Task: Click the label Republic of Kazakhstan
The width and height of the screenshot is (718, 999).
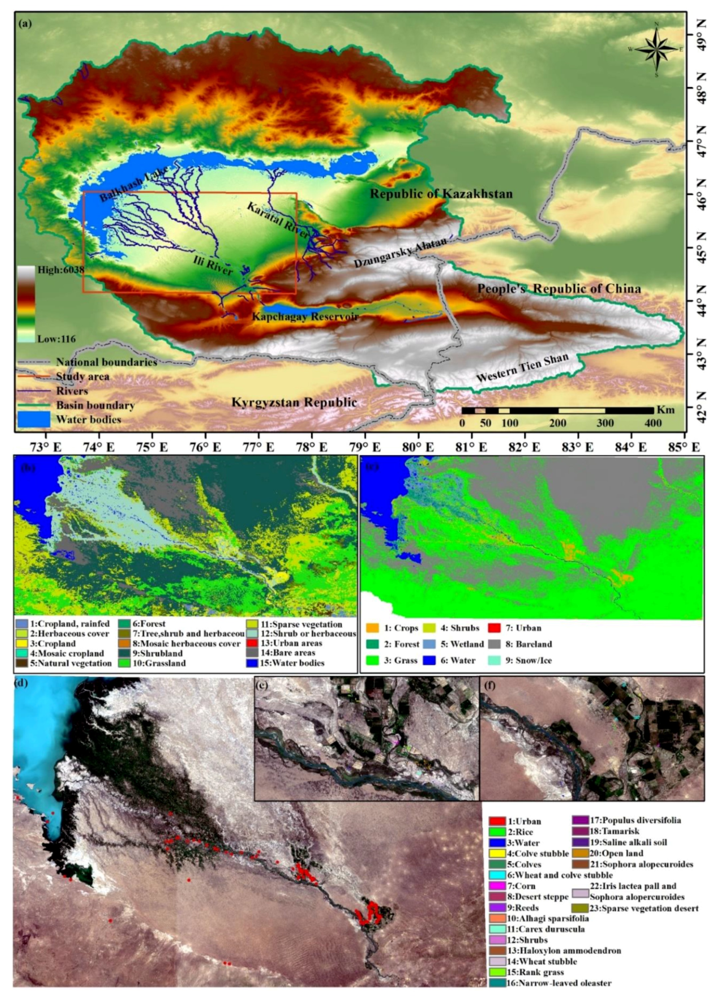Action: point(441,194)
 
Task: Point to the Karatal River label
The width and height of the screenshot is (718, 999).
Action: point(278,220)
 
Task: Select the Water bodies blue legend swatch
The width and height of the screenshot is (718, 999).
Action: point(34,419)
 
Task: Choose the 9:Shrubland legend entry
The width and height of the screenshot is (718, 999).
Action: point(155,653)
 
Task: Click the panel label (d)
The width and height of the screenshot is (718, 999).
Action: point(21,683)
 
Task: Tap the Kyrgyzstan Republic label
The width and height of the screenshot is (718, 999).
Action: point(294,402)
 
